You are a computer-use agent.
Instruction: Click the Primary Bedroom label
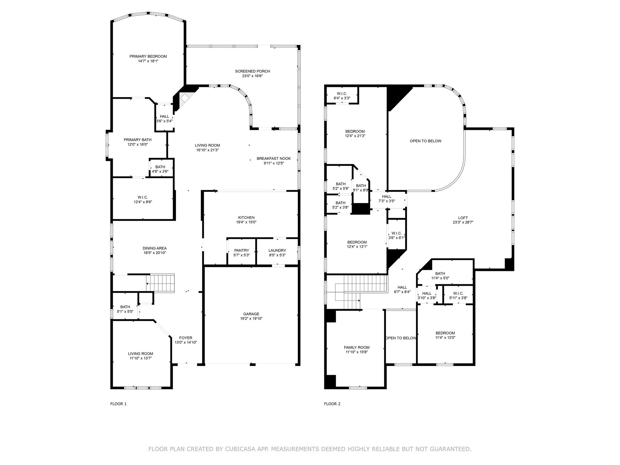[148, 56]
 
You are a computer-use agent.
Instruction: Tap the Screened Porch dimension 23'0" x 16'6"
[252, 76]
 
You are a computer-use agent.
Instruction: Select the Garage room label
[251, 314]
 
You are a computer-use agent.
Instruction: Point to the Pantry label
[241, 250]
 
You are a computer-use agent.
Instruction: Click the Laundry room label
[277, 250]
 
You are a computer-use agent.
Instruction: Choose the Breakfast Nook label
[274, 158]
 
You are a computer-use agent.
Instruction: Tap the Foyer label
[186, 338]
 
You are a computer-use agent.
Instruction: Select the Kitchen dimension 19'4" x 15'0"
[246, 222]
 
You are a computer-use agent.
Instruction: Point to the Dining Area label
[155, 248]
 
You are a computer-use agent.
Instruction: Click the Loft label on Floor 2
[463, 218]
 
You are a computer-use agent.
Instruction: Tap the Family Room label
[357, 347]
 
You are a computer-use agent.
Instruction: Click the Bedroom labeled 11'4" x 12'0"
[445, 333]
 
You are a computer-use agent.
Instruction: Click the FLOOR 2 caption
[332, 404]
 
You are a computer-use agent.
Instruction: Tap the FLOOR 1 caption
[118, 404]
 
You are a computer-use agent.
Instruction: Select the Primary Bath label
[137, 140]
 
